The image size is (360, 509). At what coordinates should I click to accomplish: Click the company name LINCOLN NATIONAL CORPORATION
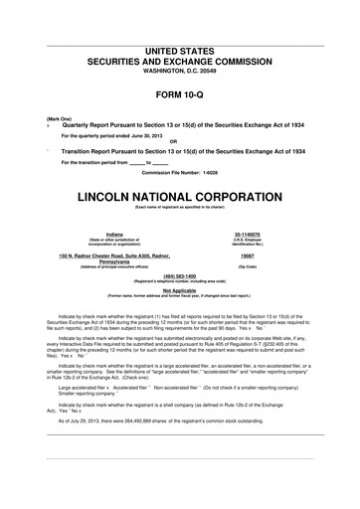click(x=180, y=190)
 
